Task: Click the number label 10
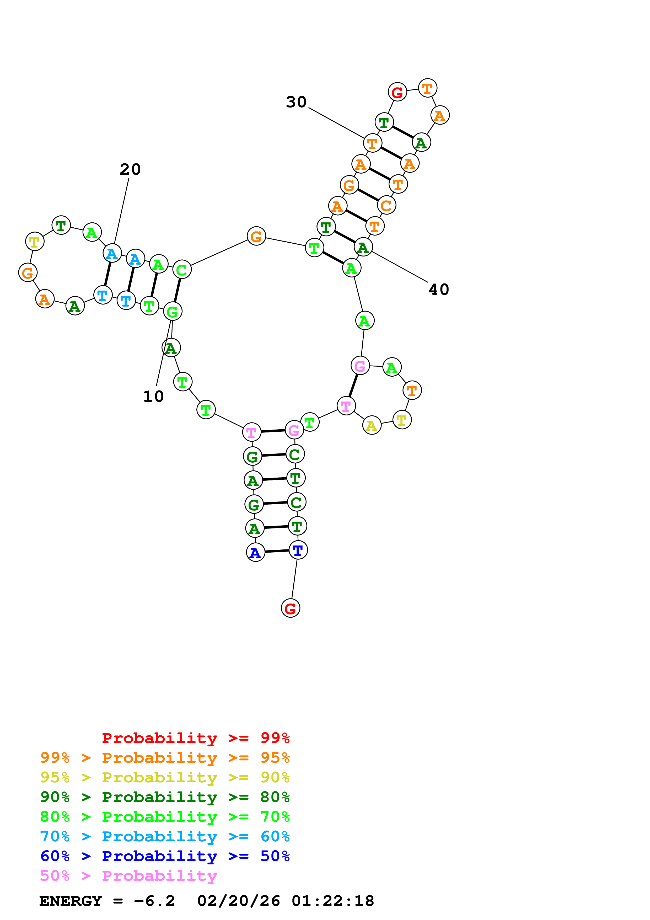point(153,397)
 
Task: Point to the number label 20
point(130,169)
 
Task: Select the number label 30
point(296,102)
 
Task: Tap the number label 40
point(439,289)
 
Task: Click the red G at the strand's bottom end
point(290,608)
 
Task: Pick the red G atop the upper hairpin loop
point(397,92)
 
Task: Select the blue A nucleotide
point(255,553)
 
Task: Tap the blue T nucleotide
point(298,550)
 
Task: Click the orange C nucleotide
point(386,206)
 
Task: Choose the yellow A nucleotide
point(372,426)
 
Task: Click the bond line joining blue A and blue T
point(277,551)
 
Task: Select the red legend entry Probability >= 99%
point(195,738)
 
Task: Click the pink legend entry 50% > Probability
point(128,875)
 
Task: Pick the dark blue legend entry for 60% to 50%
point(165,856)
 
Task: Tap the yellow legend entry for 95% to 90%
point(165,777)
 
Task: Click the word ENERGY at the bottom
point(71,901)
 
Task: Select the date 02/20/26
point(239,901)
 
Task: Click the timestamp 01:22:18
point(333,901)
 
